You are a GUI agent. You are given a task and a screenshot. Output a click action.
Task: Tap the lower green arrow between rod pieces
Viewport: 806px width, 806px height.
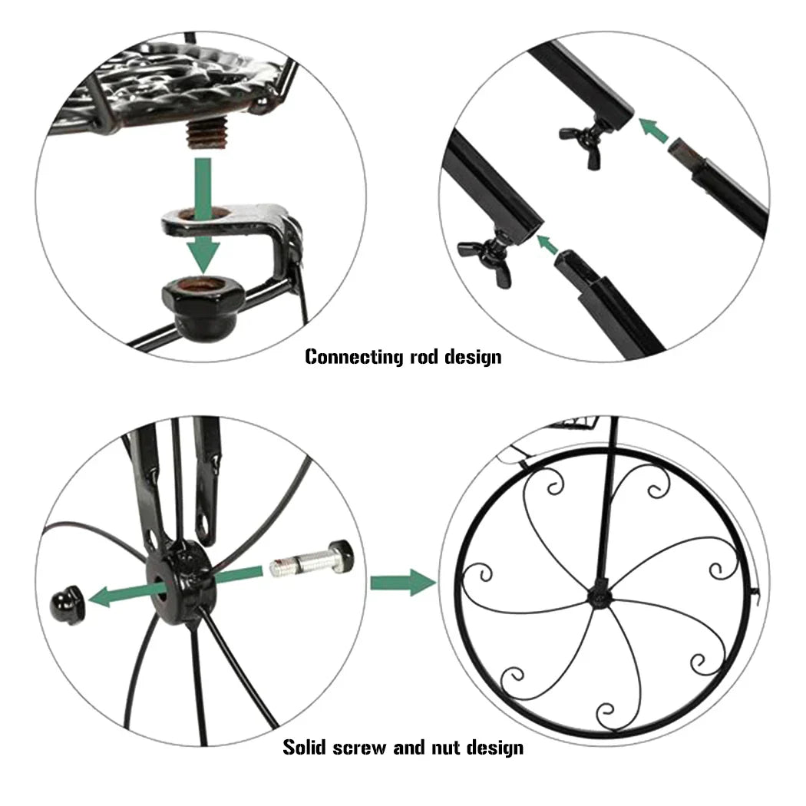[547, 245]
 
